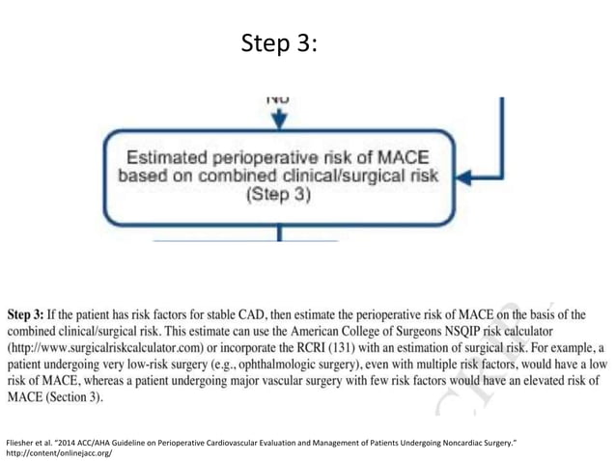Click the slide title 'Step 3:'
(x=278, y=44)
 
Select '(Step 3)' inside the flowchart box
(x=277, y=194)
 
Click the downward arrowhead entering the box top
(x=279, y=121)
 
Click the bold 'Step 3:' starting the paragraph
(x=32, y=314)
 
